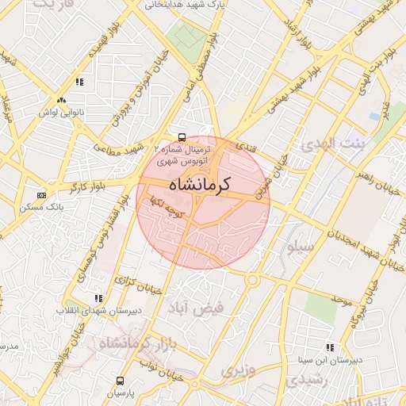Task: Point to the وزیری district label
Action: (x=238, y=371)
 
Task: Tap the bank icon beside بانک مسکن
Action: (x=41, y=195)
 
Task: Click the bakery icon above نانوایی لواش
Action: (x=61, y=100)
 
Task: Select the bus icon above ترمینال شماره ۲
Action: (x=182, y=136)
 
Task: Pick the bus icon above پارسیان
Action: (x=120, y=381)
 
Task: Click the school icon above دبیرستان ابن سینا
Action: (x=329, y=347)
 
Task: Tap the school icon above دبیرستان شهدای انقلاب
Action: (x=98, y=298)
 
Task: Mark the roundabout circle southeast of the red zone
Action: (x=253, y=279)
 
